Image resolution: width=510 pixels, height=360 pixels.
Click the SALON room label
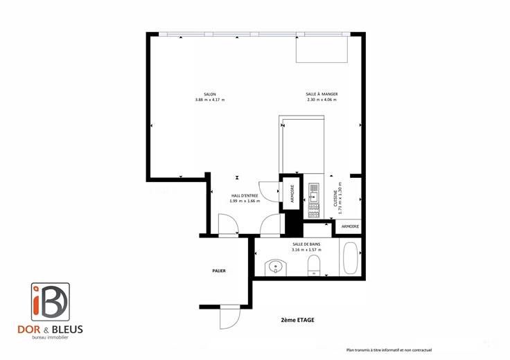click(210, 94)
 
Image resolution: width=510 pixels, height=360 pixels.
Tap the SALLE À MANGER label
click(322, 94)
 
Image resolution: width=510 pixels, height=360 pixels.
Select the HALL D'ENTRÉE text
click(245, 196)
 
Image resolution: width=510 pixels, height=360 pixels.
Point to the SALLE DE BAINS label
click(306, 244)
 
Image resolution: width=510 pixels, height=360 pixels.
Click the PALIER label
click(219, 271)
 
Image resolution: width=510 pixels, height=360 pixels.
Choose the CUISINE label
click(335, 199)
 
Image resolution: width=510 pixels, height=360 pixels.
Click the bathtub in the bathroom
click(351, 258)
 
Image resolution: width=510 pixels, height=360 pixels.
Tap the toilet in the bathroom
click(314, 265)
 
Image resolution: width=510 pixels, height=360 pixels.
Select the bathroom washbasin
click(276, 267)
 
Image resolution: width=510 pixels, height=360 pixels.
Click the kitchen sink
click(314, 196)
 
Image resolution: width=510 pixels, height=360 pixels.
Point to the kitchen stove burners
click(314, 211)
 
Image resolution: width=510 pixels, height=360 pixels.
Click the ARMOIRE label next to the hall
click(292, 194)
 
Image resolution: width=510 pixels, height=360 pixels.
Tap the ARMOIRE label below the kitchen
click(351, 226)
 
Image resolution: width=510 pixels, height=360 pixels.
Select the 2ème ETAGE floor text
click(297, 320)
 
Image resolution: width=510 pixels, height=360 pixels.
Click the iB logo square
click(51, 302)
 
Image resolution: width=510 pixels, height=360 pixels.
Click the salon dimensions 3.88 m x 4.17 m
click(210, 100)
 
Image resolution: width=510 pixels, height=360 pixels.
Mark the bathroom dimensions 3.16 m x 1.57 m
click(306, 250)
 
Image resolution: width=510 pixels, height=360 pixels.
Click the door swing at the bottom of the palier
click(229, 317)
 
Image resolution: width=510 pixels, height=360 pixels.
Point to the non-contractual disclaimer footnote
click(389, 350)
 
